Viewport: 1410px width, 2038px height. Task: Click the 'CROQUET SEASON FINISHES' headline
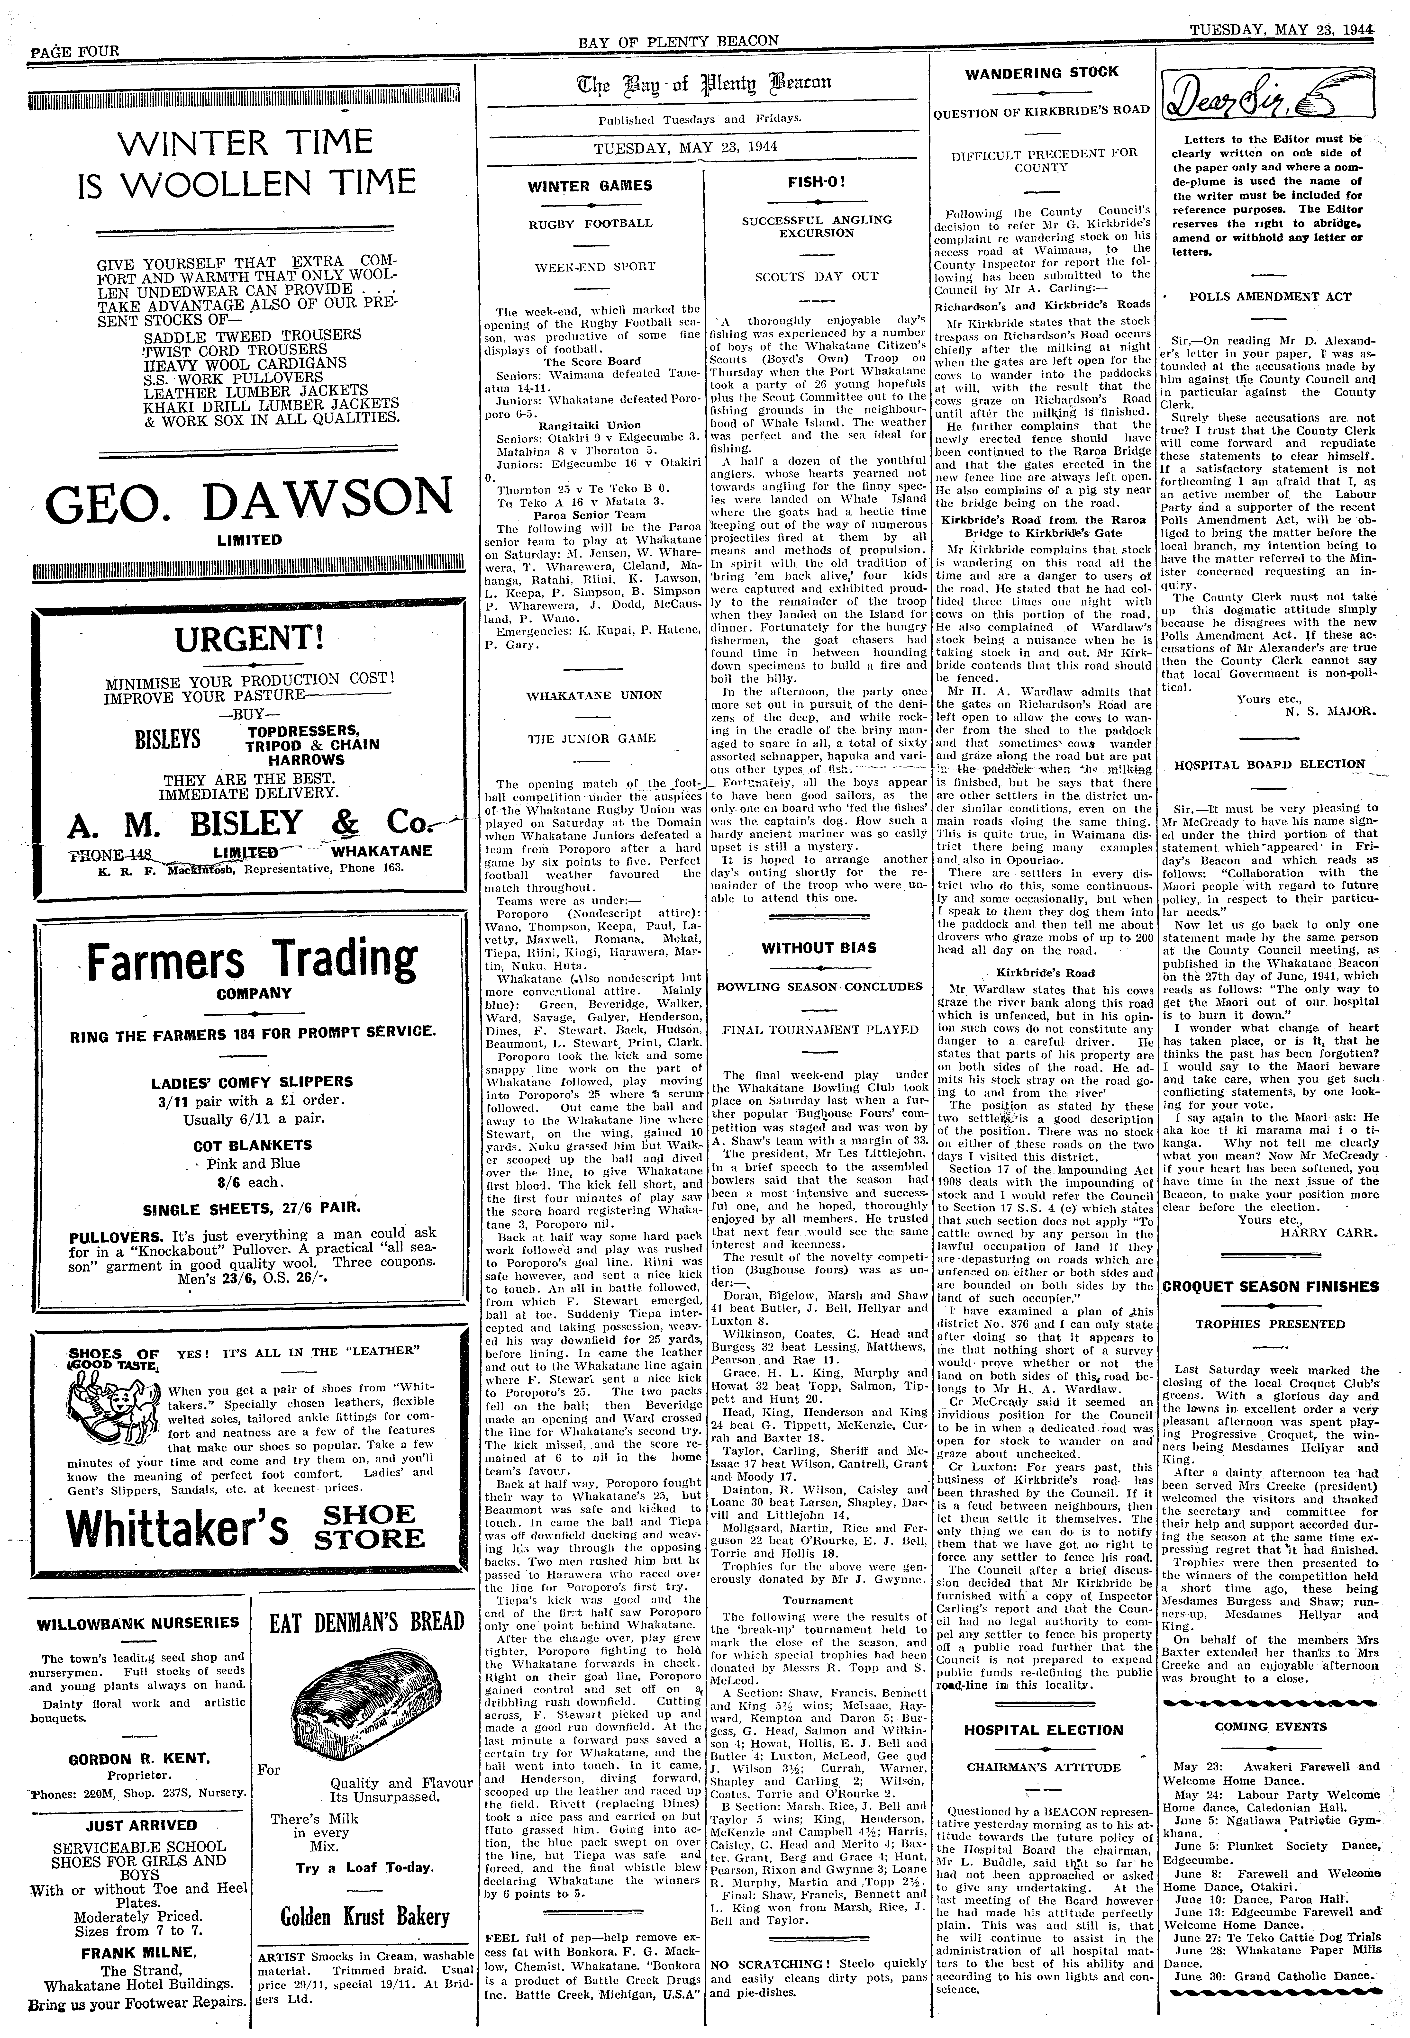click(x=1270, y=1287)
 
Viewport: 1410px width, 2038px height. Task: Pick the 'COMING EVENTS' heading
click(x=1270, y=1726)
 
